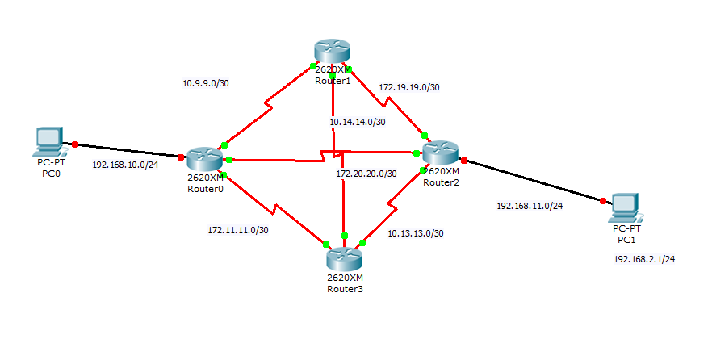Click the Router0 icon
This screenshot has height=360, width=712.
(206, 160)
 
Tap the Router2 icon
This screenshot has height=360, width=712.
(440, 153)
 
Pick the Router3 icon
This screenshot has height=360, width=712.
(345, 259)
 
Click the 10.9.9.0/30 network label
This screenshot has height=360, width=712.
(207, 83)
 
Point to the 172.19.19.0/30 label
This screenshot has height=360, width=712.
(408, 86)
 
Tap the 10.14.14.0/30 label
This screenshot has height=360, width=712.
(357, 123)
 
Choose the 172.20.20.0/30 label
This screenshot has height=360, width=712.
(367, 174)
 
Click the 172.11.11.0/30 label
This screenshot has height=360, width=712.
(238, 230)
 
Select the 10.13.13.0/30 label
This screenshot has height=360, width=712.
(415, 233)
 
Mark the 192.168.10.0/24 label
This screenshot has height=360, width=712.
(125, 165)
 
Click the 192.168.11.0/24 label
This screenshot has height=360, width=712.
(530, 206)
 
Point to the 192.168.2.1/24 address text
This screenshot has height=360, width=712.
(644, 259)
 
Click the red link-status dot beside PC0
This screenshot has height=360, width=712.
(75, 144)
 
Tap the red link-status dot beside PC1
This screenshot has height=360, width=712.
(603, 201)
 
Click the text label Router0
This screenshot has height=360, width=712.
(205, 190)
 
